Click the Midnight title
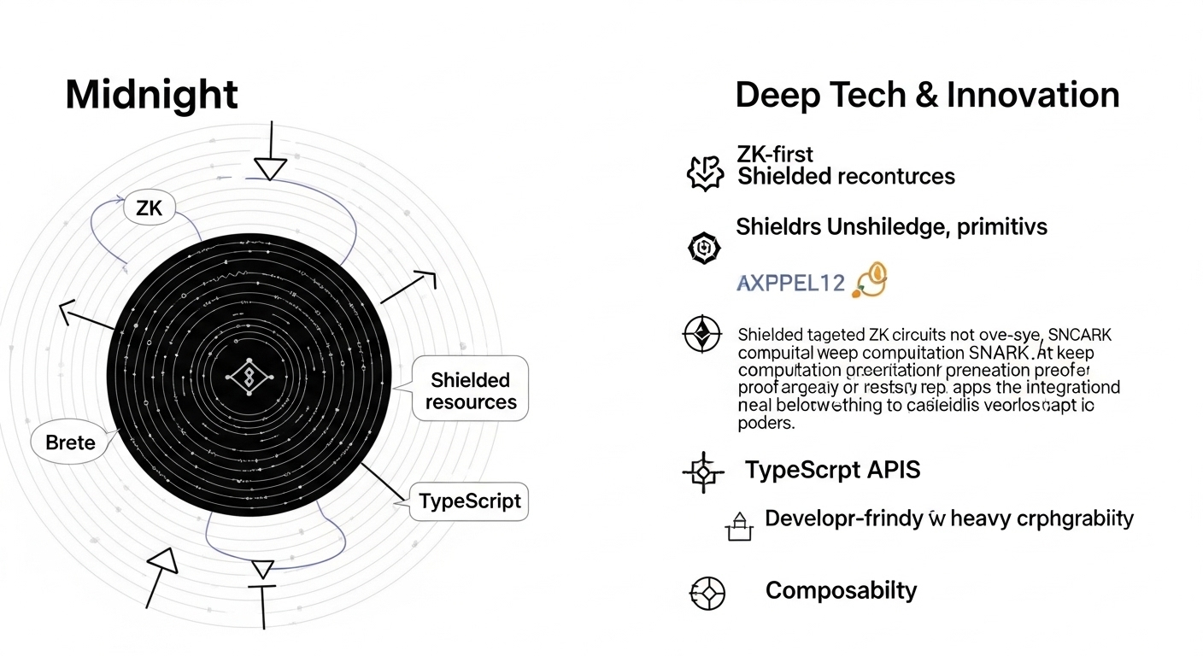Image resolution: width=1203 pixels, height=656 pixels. coord(151,94)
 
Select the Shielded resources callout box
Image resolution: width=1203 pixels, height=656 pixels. coord(470,391)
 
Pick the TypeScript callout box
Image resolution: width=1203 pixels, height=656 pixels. coord(470,501)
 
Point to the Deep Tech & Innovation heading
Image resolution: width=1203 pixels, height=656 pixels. coord(927,95)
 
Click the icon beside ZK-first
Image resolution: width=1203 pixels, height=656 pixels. coord(706,172)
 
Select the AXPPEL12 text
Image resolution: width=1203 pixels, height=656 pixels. coord(789,284)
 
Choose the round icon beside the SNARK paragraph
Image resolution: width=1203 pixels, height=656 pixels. coord(702,334)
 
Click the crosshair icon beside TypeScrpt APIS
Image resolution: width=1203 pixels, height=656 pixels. coord(703,471)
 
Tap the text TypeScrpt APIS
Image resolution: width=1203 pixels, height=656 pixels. coord(832,469)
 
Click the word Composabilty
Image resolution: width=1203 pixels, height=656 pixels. coord(841,590)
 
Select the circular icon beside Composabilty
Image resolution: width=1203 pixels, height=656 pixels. coord(707,593)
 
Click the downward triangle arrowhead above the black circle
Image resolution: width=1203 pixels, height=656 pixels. coord(270,169)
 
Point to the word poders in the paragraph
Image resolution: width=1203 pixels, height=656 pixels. coord(766,423)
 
